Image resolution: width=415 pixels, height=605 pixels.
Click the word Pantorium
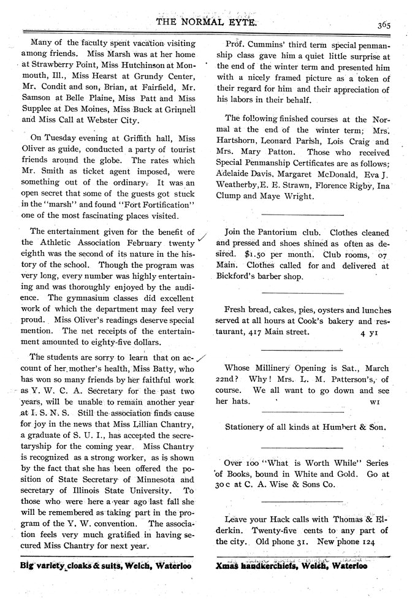point(277,233)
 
